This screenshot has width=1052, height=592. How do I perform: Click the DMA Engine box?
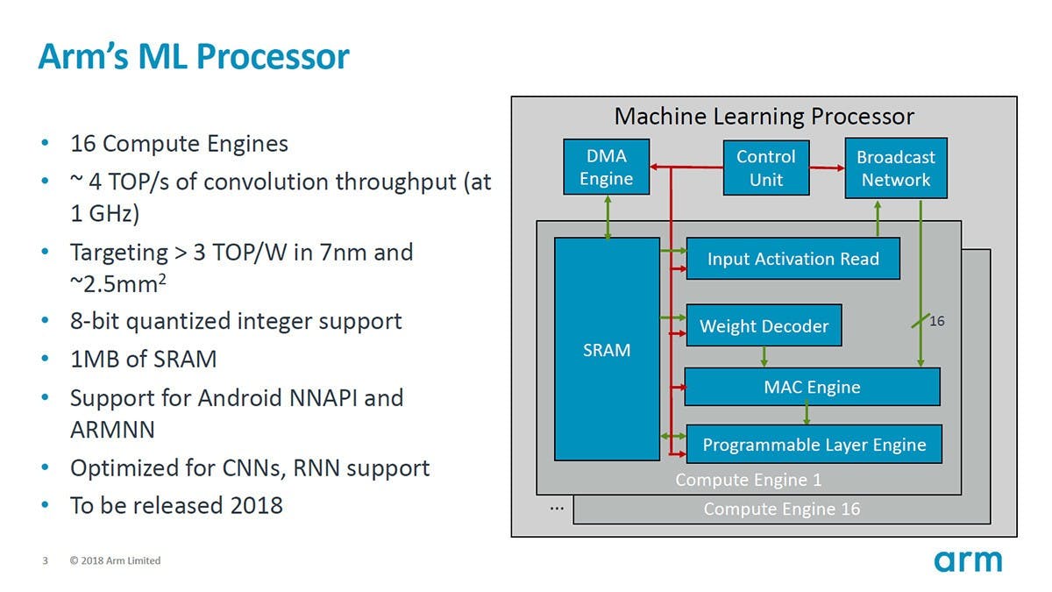coord(606,167)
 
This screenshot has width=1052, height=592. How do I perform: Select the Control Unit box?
coord(765,168)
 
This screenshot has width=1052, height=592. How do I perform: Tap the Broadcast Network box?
coord(895,168)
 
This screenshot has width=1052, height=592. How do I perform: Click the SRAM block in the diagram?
coord(607,349)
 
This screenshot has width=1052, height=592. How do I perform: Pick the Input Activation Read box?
coord(793,259)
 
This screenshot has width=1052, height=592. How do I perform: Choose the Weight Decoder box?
coord(764,326)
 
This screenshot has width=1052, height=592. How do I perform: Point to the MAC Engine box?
coord(812,387)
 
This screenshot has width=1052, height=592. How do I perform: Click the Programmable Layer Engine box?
coord(814,445)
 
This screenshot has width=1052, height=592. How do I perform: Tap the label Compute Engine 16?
coord(781,509)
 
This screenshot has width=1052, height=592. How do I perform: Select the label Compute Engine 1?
coord(748,480)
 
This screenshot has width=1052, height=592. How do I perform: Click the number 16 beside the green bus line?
coord(937,322)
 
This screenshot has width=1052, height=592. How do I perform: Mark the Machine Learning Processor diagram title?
coord(764,116)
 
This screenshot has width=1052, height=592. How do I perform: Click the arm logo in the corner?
coord(967,560)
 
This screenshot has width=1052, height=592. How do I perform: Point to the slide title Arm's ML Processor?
coord(194,57)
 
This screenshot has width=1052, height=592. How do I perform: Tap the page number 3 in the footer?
coord(46,560)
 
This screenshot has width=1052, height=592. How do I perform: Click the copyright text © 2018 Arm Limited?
coord(115,560)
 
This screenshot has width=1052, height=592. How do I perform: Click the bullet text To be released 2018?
coord(176,504)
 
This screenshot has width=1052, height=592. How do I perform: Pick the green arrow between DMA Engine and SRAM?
coord(607,217)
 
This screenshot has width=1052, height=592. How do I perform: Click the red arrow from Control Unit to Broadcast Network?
coord(826,168)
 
